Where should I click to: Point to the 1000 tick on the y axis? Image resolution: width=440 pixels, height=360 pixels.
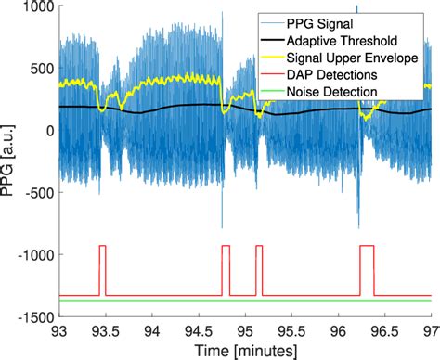click(36, 6)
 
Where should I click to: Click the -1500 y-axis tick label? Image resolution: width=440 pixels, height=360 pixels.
click(33, 317)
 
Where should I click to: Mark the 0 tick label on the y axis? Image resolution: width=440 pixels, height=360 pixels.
click(46, 131)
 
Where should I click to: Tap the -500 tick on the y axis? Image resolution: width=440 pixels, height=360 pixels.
click(36, 193)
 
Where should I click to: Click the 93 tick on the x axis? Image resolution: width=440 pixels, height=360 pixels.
click(59, 330)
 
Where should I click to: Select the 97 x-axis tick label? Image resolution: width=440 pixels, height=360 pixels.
click(428, 330)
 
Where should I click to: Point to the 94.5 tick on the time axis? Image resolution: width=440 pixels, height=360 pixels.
click(198, 330)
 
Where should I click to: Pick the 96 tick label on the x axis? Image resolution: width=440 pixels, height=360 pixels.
click(336, 330)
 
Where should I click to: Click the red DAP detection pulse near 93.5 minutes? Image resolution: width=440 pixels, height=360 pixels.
click(102, 247)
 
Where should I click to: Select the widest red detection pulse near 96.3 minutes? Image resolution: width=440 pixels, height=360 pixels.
click(366, 247)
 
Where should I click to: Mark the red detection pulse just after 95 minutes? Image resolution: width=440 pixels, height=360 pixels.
click(259, 247)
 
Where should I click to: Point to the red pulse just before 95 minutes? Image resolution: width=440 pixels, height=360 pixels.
click(225, 247)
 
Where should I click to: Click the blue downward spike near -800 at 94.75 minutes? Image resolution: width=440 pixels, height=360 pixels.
click(221, 223)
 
